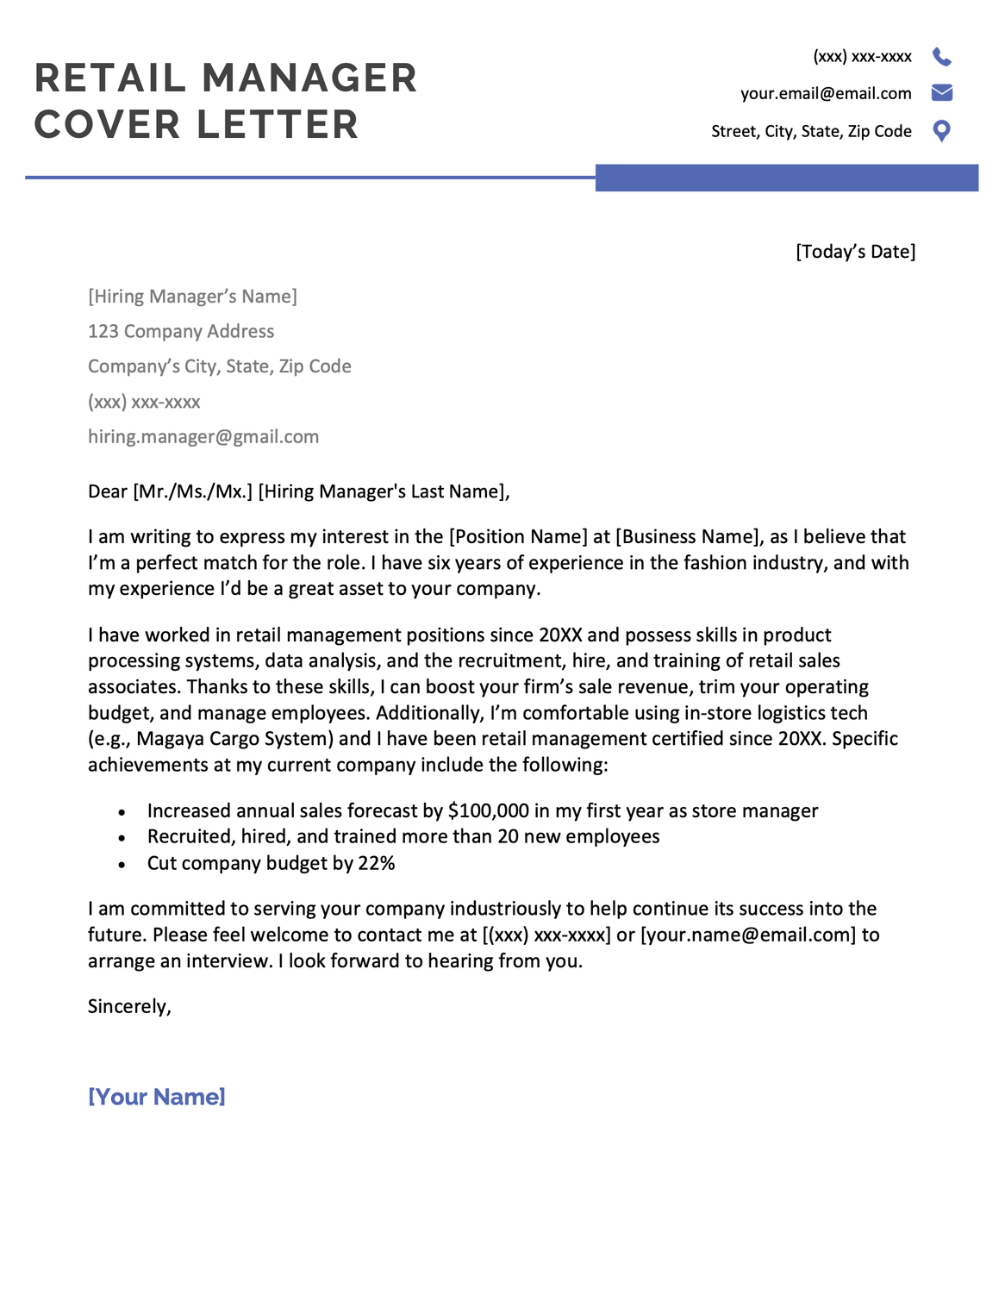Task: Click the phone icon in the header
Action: click(941, 57)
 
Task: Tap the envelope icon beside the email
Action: click(941, 92)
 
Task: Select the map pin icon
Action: click(941, 131)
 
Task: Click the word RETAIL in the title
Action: click(109, 78)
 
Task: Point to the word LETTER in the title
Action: click(277, 125)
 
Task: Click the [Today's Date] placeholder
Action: click(855, 252)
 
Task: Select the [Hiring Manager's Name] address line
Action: click(192, 297)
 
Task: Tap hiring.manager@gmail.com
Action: click(203, 437)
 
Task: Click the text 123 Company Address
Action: click(181, 332)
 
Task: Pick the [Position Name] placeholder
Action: click(518, 537)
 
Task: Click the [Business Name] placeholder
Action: click(690, 537)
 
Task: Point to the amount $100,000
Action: click(488, 811)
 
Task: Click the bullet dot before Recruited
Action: click(122, 838)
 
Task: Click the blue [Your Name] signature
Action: click(157, 1097)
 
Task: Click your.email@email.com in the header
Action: click(825, 93)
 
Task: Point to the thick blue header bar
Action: click(786, 178)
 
